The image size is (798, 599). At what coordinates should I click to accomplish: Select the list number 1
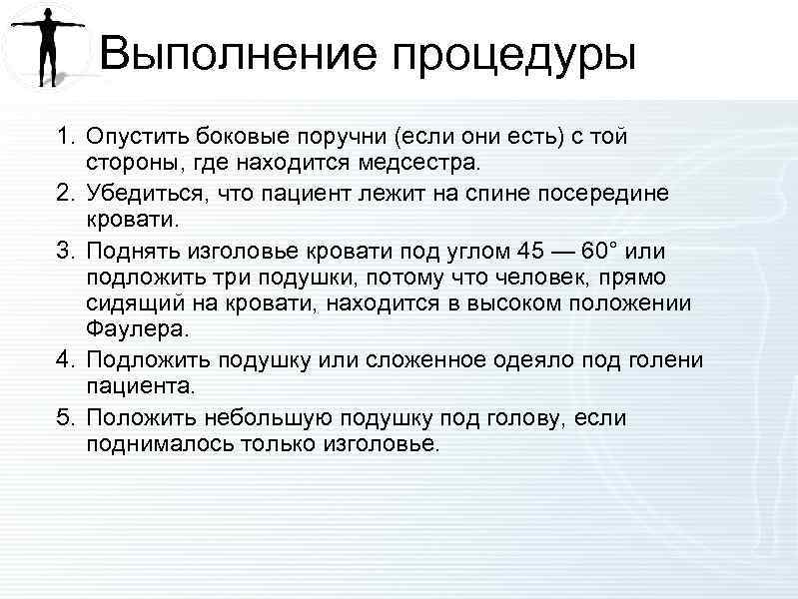pos(64,136)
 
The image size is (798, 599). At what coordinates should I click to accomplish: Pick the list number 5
pos(64,418)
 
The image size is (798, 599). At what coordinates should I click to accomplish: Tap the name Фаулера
pos(130,329)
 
